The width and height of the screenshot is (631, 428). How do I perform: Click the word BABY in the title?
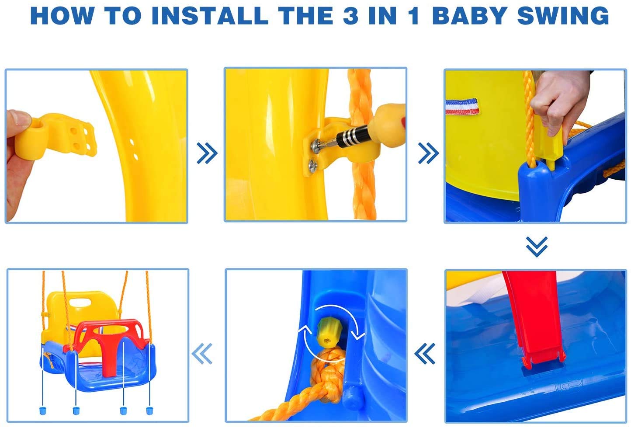469,15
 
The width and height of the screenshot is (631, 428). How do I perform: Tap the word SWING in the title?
563,15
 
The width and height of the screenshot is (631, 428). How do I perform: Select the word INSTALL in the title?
210,15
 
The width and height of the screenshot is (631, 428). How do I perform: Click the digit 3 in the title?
350,15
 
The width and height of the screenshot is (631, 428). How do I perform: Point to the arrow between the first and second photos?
207,153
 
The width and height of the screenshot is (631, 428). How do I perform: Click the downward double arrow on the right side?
537,247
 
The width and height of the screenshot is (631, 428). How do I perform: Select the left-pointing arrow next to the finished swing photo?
202,353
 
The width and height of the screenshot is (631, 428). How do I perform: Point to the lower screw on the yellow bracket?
313,166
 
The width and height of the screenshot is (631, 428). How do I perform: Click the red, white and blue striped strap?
462,106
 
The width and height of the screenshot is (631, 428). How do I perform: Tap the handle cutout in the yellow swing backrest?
80,303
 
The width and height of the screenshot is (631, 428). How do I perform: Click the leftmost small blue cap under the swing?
43,411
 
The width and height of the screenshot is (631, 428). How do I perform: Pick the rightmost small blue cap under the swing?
149,411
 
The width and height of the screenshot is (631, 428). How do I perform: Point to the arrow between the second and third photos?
429,153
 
